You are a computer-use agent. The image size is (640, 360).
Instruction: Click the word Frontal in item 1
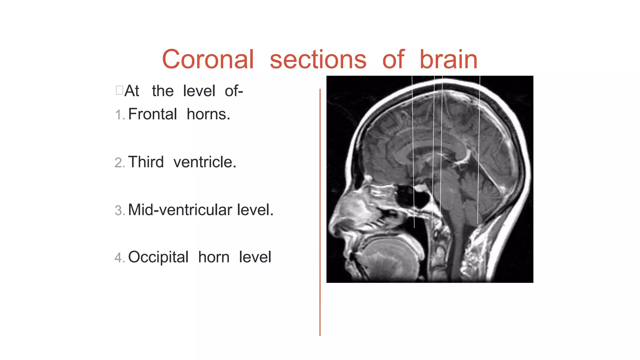click(152, 114)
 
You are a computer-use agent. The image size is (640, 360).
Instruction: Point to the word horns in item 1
click(208, 114)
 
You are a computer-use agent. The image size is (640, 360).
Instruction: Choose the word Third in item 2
click(146, 162)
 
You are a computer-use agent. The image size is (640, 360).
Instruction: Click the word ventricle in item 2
click(205, 162)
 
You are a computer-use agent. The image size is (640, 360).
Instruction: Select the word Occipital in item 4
click(158, 257)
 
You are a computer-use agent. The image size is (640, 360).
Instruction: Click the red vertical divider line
click(320, 212)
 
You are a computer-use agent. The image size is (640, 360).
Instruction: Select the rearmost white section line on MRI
click(479, 150)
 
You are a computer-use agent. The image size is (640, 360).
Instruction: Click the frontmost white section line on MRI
click(413, 150)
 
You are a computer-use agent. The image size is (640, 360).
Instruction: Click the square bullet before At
click(119, 90)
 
